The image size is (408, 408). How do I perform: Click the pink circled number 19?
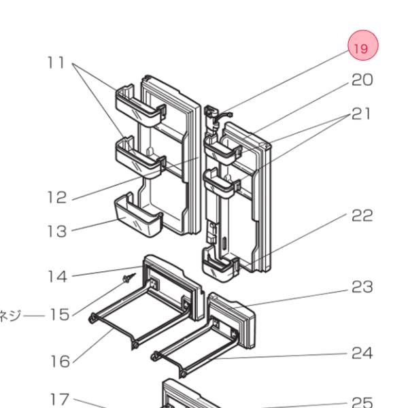coord(362,48)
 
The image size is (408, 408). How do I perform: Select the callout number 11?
coord(56,63)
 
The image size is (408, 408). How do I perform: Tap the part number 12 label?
coord(57,198)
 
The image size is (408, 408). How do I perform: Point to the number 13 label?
coord(57,231)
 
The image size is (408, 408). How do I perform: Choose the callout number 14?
coord(57,276)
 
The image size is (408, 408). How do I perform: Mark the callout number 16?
coord(60,361)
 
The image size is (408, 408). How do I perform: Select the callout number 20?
coord(362,80)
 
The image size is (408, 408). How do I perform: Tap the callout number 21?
coord(362,114)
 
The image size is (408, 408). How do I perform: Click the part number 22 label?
coord(362,216)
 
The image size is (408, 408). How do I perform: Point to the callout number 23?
coord(362,288)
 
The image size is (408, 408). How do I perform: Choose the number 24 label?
coord(362,353)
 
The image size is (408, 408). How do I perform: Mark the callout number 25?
coord(362,401)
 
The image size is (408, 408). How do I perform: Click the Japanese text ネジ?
coord(13,315)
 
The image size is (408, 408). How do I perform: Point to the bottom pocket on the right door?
coord(220,265)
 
